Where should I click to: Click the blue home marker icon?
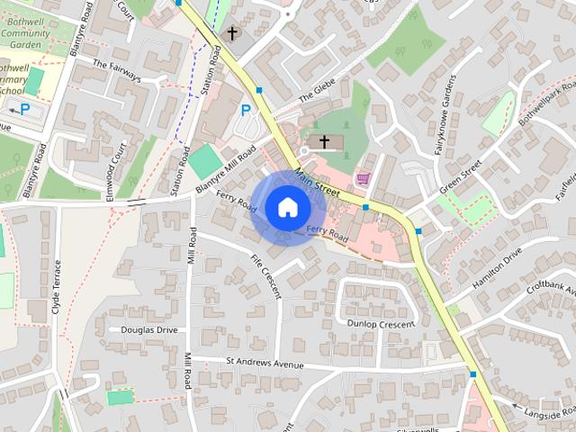(287, 207)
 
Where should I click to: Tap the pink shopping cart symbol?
(364, 178)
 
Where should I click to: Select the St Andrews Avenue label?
(265, 364)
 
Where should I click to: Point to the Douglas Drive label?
(149, 330)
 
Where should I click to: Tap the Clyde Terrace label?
(57, 286)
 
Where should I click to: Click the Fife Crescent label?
(267, 276)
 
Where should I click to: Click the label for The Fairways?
(118, 71)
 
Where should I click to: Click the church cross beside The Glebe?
(324, 142)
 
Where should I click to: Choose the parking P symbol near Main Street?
(245, 111)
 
